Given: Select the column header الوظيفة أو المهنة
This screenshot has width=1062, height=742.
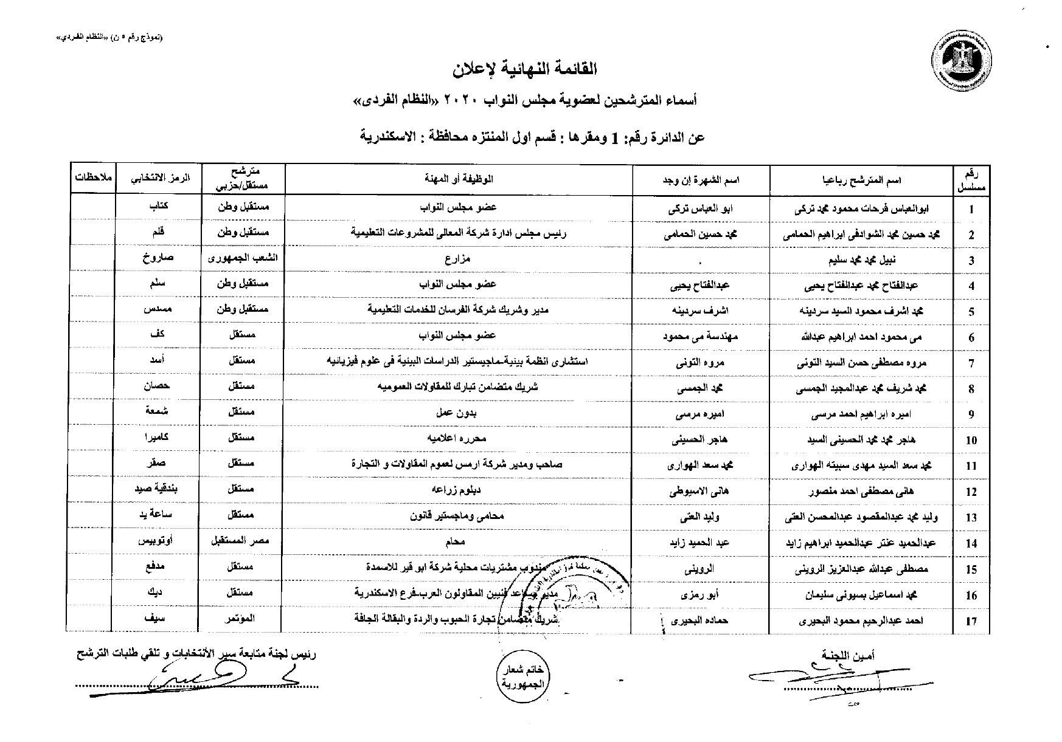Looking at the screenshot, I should pyautogui.click(x=459, y=179).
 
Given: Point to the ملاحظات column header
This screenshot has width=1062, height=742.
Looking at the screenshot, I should pyautogui.click(x=92, y=179).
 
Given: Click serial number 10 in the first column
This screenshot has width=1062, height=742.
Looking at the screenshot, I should pyautogui.click(x=971, y=441).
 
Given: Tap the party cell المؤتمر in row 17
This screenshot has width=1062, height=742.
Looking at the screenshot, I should pyautogui.click(x=243, y=619).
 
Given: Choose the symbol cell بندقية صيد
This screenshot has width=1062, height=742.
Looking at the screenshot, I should pyautogui.click(x=158, y=489).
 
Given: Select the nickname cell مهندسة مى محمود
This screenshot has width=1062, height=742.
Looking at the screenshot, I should pyautogui.click(x=701, y=336).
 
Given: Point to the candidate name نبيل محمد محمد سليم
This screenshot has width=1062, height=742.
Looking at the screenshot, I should pyautogui.click(x=861, y=260).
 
